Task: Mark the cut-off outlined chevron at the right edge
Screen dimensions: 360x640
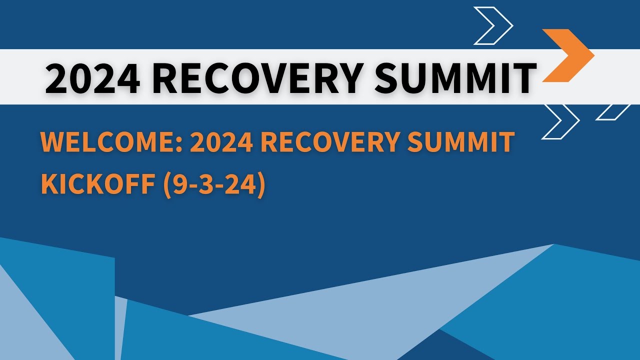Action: pos(614,112)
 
